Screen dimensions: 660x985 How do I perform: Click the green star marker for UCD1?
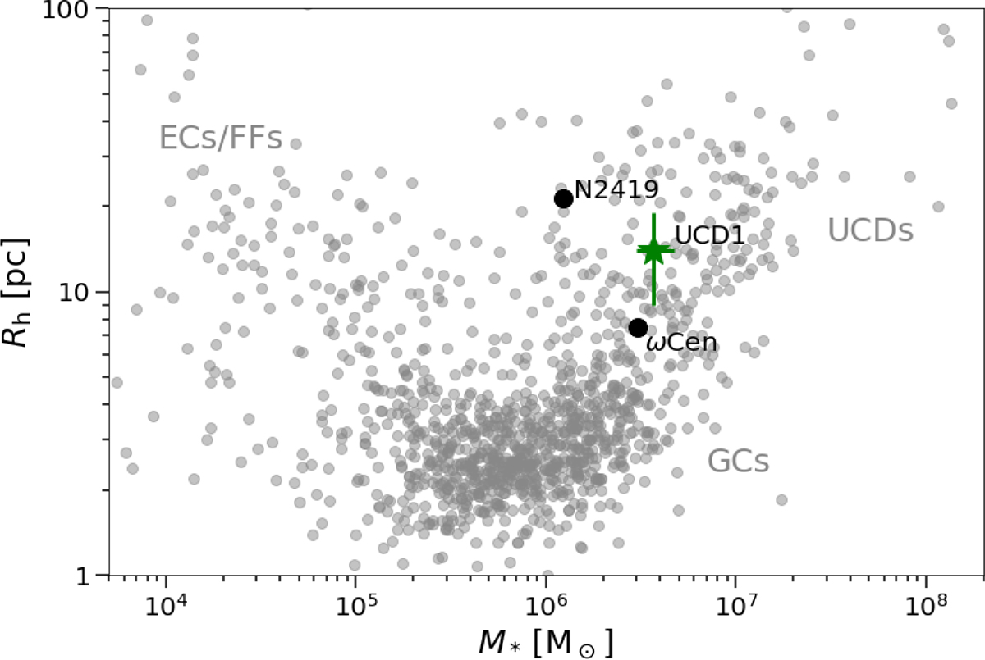click(653, 251)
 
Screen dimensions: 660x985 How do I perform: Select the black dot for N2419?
click(563, 198)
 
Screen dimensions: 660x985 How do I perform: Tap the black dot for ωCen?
click(638, 327)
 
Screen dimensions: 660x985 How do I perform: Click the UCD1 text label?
click(708, 236)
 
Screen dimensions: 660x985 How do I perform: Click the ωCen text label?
click(682, 342)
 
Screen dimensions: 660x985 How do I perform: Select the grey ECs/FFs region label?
click(221, 139)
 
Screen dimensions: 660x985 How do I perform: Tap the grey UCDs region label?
click(870, 231)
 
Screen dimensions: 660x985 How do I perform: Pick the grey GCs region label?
click(739, 462)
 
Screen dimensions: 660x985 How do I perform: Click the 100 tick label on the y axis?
click(71, 10)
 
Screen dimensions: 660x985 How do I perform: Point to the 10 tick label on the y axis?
click(79, 293)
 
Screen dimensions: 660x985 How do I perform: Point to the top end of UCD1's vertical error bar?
click(653, 215)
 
